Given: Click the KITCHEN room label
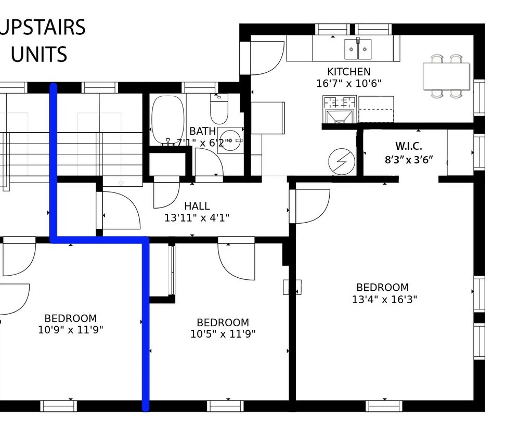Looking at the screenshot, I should (348, 72).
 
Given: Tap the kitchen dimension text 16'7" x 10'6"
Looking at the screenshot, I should (349, 83).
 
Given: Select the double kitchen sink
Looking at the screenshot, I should (358, 49).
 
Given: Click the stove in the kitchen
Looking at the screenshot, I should (339, 110).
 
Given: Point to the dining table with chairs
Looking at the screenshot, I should (446, 76).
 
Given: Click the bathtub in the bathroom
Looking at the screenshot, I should (167, 120).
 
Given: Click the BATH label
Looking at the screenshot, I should (202, 131).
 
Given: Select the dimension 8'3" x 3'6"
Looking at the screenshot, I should (409, 160).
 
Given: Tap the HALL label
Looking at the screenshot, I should (197, 206).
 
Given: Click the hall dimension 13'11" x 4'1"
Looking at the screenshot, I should (197, 218).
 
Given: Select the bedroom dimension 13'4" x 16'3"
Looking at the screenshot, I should (382, 299).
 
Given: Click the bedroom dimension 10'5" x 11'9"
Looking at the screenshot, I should (223, 334).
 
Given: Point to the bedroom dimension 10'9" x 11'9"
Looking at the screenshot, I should (70, 330).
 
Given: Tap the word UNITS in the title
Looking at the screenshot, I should (39, 54).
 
